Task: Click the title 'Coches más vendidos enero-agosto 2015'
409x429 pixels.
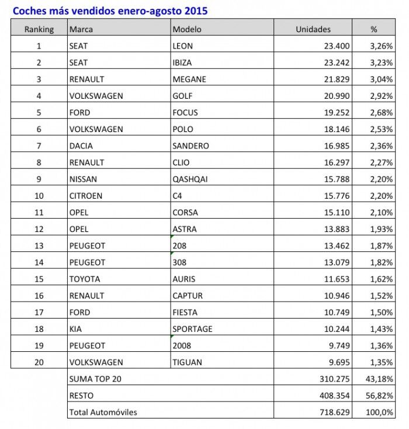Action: click(110, 11)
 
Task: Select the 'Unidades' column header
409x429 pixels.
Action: click(313, 29)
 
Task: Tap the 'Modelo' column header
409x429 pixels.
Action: click(187, 29)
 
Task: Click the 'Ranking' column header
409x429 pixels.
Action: click(39, 29)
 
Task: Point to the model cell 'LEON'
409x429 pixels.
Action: click(183, 46)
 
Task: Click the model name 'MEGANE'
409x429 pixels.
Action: click(189, 79)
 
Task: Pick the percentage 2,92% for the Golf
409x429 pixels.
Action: click(381, 96)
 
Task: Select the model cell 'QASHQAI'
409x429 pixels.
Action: click(191, 179)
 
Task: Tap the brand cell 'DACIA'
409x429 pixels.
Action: click(81, 146)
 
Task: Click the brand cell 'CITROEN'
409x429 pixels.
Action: click(86, 196)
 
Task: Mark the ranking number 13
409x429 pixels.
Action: click(39, 245)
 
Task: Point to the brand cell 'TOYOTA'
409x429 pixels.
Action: click(85, 279)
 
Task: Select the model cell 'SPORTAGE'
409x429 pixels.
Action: click(192, 329)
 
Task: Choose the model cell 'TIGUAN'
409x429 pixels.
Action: click(188, 362)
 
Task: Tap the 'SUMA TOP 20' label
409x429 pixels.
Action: click(95, 379)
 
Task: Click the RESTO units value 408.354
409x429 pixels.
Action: click(334, 396)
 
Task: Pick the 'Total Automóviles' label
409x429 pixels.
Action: click(103, 412)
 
